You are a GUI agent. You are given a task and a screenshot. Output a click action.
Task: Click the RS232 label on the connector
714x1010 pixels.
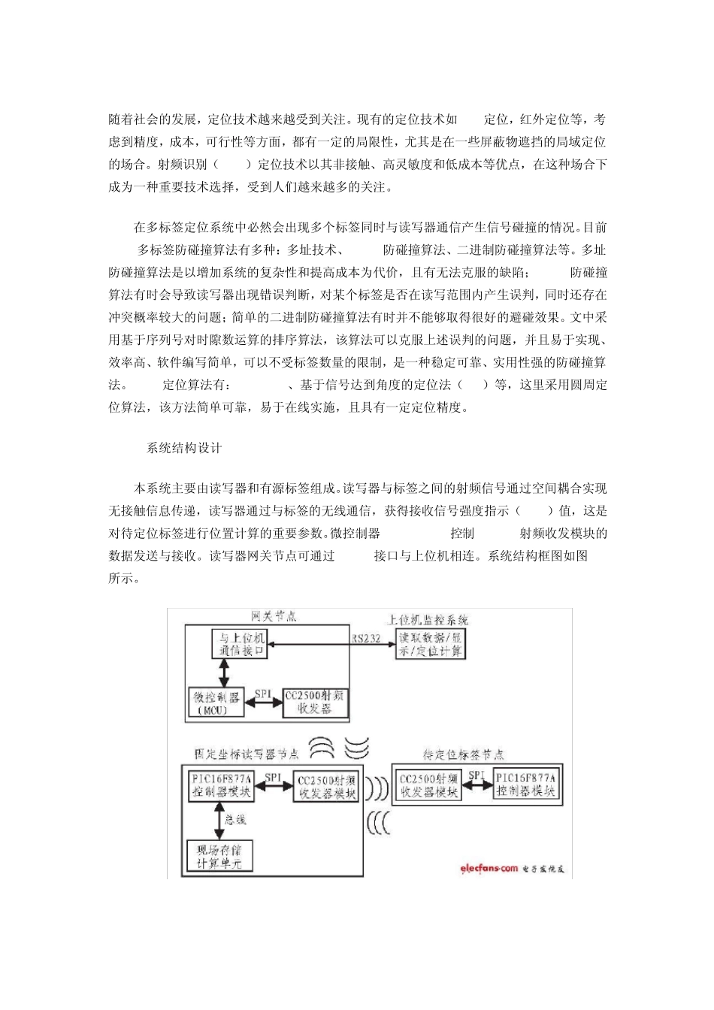coord(366,640)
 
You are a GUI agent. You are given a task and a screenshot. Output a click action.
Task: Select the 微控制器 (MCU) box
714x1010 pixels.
coord(219,703)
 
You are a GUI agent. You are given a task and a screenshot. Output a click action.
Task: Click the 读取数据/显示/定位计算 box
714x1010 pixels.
coord(431,646)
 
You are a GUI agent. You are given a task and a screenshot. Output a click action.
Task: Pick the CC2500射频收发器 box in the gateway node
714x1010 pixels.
coord(316,703)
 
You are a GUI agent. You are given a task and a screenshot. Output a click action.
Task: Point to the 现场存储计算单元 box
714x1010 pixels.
coord(219,856)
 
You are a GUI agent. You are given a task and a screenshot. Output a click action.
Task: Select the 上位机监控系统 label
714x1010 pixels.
coord(428,620)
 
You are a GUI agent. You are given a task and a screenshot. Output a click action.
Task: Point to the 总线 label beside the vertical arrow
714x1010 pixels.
coord(235,819)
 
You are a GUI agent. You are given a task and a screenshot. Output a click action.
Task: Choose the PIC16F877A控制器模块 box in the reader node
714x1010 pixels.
coord(222,785)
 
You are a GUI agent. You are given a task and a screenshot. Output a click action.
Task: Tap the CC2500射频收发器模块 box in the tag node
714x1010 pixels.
coord(429,785)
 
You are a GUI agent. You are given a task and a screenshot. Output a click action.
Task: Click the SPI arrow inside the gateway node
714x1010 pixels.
coord(264,695)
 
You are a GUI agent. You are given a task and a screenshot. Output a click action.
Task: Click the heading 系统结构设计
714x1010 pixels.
coord(184,448)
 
